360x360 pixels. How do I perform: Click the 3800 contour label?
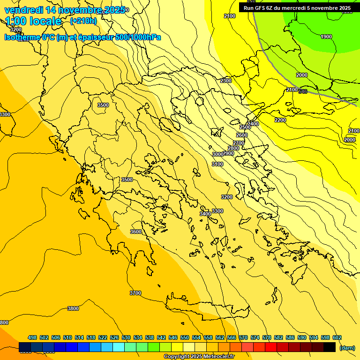[x=73, y=308]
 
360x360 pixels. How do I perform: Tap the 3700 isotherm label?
[x=135, y=293]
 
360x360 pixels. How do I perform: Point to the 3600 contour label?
[x=136, y=232]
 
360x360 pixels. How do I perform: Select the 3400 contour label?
[x=205, y=214]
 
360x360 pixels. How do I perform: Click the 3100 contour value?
[x=217, y=164]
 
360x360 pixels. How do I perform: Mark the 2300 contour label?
[x=226, y=81]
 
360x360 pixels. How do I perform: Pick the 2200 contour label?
[x=280, y=120]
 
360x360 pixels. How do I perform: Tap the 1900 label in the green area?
[x=326, y=37]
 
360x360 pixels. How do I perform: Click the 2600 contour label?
[x=242, y=135]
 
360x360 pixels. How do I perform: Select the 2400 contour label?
[x=253, y=124]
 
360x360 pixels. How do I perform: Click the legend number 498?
[x=32, y=337]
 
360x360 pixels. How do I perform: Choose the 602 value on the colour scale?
[x=337, y=337]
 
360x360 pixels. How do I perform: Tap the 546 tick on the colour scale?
[x=173, y=337]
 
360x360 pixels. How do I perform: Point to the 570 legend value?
[x=243, y=337]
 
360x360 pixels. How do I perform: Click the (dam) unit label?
[x=347, y=347]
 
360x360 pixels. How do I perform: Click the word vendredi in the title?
[x=24, y=10]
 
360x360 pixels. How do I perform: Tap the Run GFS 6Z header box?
[x=297, y=8]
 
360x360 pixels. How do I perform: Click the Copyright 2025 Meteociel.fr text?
[x=199, y=357]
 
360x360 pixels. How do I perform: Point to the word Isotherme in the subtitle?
[x=22, y=37]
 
